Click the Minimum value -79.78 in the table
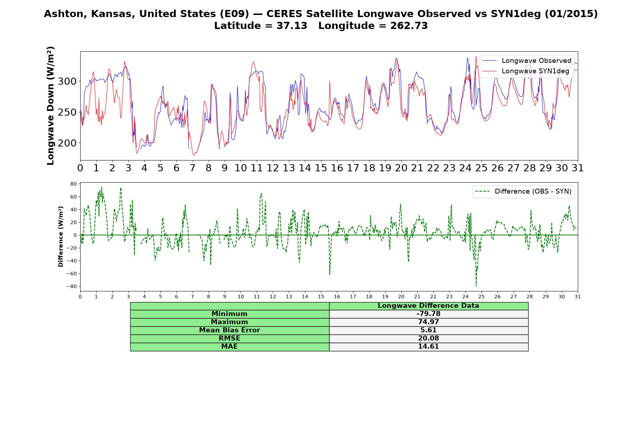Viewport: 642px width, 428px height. point(428,314)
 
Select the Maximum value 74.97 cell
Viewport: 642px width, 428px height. point(428,322)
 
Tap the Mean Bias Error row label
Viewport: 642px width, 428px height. point(229,330)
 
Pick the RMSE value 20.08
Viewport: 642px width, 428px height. point(428,338)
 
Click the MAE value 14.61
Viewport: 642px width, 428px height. point(428,347)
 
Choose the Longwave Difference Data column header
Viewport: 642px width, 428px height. point(428,306)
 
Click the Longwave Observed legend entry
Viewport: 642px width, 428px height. point(526,61)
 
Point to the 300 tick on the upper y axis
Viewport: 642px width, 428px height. point(67,81)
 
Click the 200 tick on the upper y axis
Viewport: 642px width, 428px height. point(67,143)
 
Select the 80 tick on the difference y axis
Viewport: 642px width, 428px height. point(73,184)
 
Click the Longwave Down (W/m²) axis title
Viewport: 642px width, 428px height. point(50,106)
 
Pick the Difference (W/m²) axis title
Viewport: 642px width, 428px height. point(61,236)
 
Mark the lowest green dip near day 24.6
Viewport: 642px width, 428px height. point(476,286)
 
